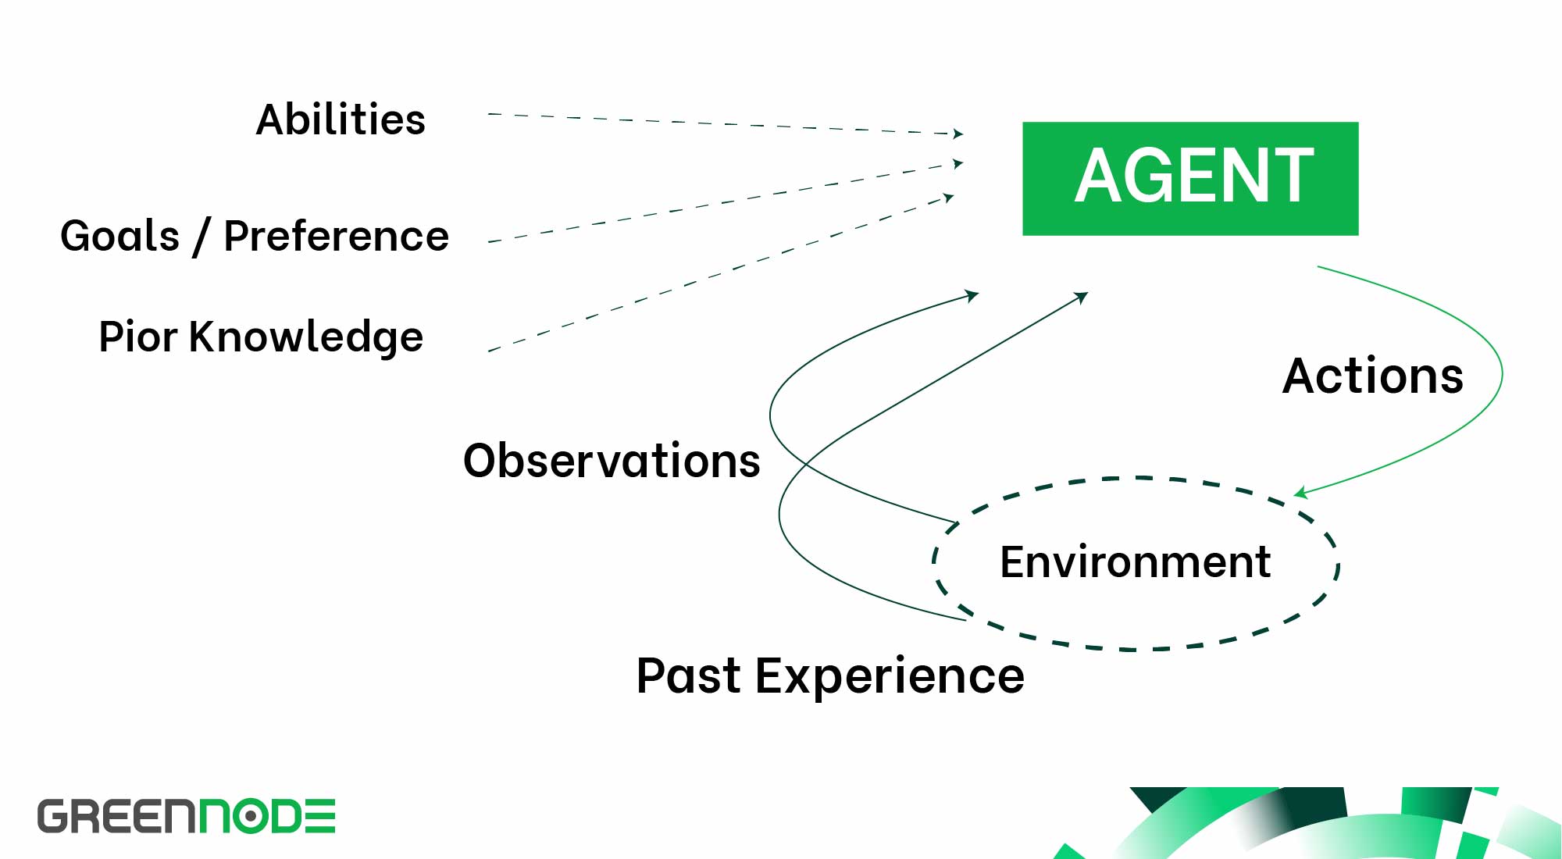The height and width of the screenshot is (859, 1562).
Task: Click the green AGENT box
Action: point(1190,178)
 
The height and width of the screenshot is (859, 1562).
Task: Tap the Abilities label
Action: point(341,119)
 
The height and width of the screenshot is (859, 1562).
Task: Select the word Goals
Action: point(119,236)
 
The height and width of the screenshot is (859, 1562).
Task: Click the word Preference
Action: point(336,236)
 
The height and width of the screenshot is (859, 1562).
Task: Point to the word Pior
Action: point(137,337)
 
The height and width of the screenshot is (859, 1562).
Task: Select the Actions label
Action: point(1372,376)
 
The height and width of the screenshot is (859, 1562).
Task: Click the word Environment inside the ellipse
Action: point(1135,561)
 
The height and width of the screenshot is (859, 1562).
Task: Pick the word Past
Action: point(688,675)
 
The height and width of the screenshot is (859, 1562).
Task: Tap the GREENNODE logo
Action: point(187,816)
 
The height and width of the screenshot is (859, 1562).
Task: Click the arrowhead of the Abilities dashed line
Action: point(958,134)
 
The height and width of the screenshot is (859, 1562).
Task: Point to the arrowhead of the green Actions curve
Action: point(1300,493)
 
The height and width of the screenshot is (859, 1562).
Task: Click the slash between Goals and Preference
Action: point(201,237)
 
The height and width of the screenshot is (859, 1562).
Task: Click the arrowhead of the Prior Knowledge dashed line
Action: point(949,198)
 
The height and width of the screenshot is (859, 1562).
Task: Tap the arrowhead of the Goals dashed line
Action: point(958,163)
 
